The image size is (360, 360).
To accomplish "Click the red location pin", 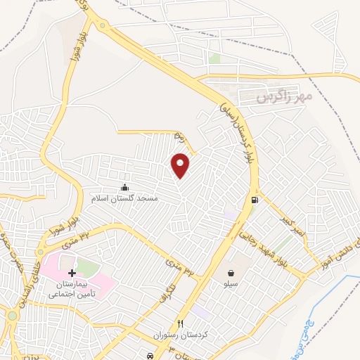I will point(181,165).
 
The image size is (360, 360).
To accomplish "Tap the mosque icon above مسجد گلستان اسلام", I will point(125,186).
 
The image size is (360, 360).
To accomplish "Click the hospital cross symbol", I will point(71,272).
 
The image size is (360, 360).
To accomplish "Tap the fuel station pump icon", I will point(254,200).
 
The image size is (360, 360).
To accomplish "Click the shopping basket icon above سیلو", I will point(231,272).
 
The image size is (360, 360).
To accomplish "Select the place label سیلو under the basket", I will point(231,285).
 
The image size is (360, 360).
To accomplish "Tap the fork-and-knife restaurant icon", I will point(181,323).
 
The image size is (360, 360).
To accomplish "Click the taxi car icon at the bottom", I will point(150,354).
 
